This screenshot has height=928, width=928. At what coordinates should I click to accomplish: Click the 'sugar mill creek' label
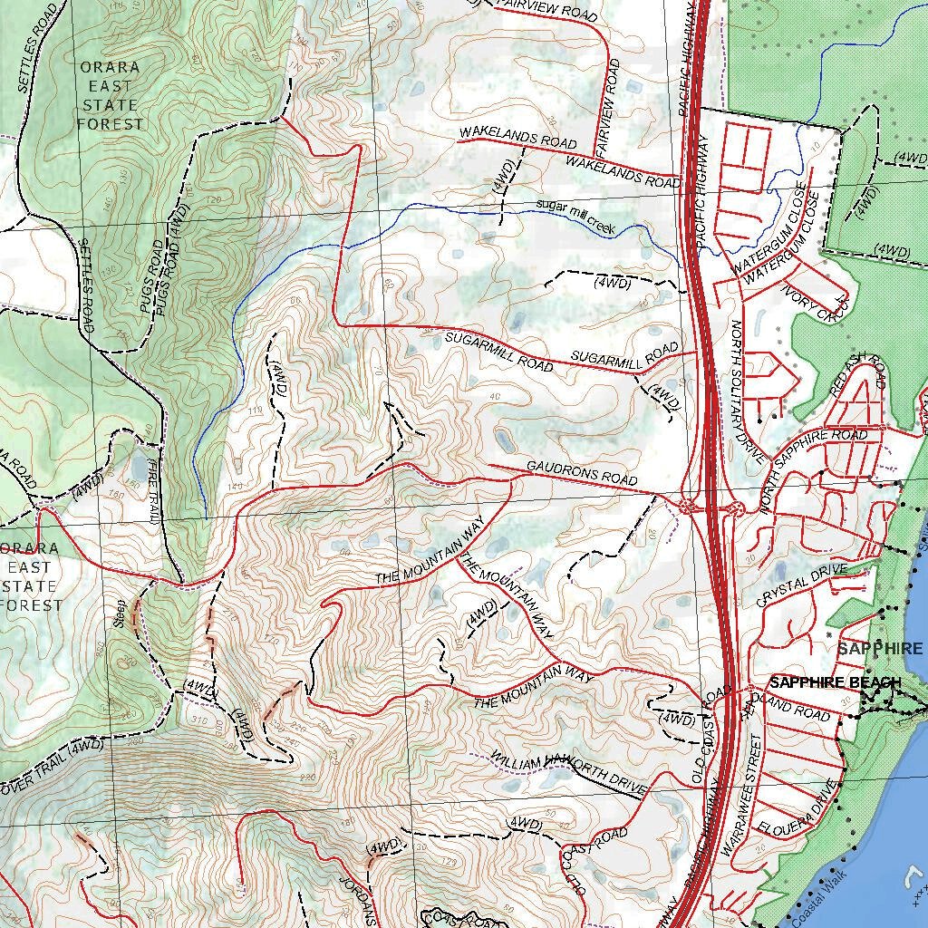coord(575,217)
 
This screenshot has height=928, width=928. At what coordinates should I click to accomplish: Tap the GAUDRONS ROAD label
coord(582,473)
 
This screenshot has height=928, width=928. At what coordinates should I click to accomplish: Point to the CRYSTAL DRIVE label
coord(803,585)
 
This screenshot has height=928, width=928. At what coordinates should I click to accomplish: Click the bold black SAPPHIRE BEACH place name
coord(835,682)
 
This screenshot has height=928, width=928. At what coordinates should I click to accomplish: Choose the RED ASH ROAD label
coord(857,374)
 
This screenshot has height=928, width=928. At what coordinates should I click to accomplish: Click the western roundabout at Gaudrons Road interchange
coord(685,506)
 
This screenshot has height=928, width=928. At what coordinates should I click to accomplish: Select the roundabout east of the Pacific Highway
coord(735,508)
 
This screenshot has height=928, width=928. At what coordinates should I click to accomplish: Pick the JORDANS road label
coord(355,893)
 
